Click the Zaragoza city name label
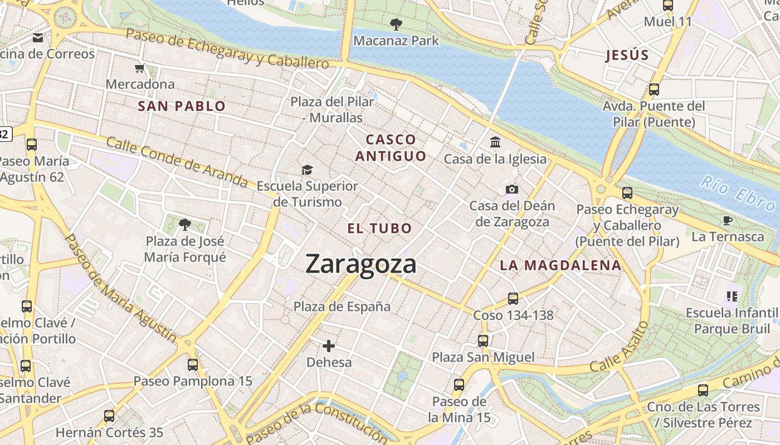[360, 264]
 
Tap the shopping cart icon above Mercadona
[139, 68]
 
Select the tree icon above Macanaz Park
[396, 24]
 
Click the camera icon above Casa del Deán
[512, 190]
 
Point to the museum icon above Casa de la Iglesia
[495, 142]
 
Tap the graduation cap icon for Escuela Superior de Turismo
[307, 170]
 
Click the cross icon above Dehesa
[329, 346]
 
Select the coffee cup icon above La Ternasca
[728, 220]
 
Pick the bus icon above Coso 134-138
[513, 299]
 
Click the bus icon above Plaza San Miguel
[483, 340]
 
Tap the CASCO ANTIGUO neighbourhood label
[391, 147]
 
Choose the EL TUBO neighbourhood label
[379, 228]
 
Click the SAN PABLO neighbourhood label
[182, 106]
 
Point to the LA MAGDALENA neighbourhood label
[560, 265]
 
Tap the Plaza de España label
[342, 306]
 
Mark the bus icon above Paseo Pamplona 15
[193, 365]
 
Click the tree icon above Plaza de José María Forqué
[185, 225]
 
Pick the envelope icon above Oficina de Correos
[38, 38]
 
